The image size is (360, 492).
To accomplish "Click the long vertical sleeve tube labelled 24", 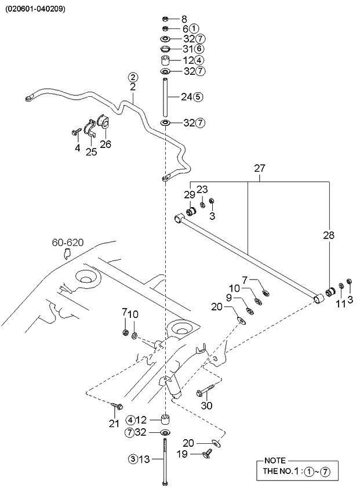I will tap(165, 96).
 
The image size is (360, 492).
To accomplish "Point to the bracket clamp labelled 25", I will tap(90, 131).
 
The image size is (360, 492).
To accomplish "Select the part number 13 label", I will tap(144, 459).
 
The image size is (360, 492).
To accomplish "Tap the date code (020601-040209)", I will tap(36, 9).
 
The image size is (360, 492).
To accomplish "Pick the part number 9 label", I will tap(228, 298).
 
